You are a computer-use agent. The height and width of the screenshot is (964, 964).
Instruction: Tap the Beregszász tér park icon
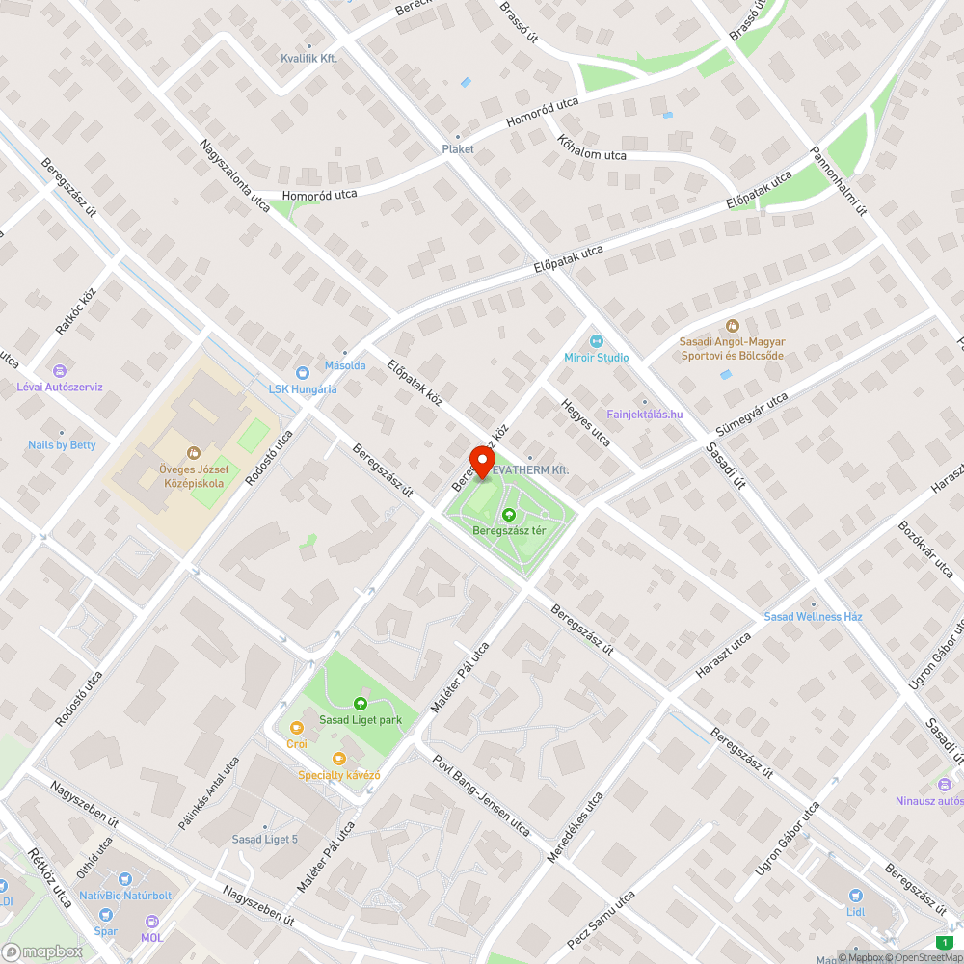coord(509,515)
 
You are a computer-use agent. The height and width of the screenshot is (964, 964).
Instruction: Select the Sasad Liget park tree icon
coord(361,704)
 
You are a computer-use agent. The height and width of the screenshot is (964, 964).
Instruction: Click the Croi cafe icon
coord(296,727)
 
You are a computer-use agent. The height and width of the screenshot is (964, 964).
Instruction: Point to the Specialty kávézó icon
coord(337,759)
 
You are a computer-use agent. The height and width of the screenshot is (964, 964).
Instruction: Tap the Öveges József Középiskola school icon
coord(192,452)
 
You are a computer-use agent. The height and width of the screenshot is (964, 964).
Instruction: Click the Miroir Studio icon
coord(596,340)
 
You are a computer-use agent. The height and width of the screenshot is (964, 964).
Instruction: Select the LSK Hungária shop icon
coord(302,372)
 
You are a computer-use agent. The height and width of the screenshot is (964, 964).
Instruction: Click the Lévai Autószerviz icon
coord(59,370)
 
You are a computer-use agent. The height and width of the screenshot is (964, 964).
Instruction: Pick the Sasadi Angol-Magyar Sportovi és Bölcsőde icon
coord(732,326)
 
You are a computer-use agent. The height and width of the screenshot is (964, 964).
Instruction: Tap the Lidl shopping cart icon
coord(854,895)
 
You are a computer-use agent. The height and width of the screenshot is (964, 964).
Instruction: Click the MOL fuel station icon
coord(151,922)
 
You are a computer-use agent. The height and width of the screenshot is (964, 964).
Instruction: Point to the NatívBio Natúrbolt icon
coord(124,879)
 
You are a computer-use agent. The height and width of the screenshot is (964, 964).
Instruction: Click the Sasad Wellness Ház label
coord(813,616)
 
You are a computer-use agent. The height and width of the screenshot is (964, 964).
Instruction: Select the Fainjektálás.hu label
coord(645,415)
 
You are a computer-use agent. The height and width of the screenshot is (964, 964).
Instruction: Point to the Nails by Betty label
coord(62,444)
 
